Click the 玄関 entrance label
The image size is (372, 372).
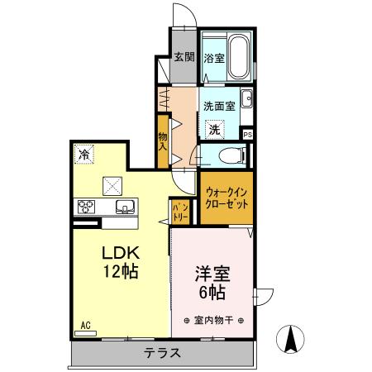tap(184, 57)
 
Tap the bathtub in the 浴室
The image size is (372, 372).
tap(239, 56)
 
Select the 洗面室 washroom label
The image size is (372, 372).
tap(221, 107)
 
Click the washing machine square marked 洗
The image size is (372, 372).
tap(214, 129)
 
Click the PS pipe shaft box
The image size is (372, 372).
tap(247, 133)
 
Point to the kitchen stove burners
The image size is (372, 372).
tap(87, 207)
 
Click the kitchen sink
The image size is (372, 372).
tap(126, 206)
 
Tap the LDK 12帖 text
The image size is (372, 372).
tap(119, 262)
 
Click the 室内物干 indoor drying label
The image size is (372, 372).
tap(212, 320)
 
